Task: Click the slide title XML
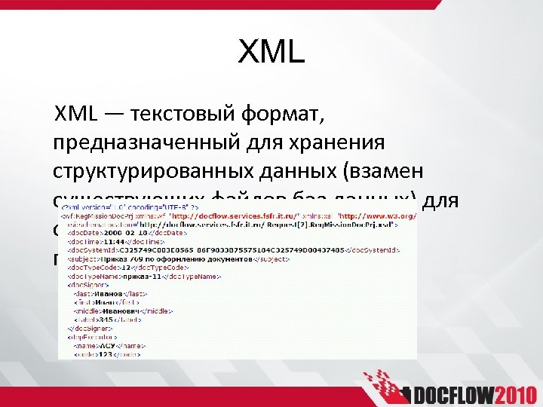[271, 52]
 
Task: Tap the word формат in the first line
[281, 115]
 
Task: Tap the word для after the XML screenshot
[444, 200]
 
